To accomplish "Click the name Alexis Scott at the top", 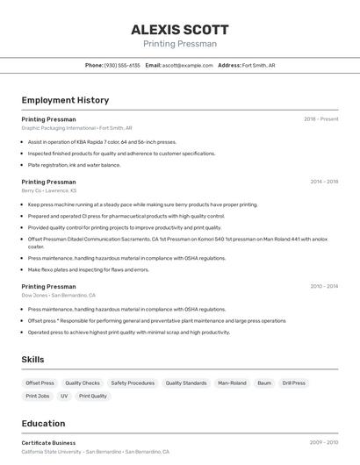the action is [180, 30].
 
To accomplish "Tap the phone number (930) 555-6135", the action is [122, 65].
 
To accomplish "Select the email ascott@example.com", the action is [187, 65].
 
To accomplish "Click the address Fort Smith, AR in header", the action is [258, 65].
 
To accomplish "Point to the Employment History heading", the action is [65, 100].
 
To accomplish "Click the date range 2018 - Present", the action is [320, 118].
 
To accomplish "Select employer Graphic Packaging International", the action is [59, 127].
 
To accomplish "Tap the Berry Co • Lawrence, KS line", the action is [48, 190].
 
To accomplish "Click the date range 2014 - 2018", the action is [324, 182].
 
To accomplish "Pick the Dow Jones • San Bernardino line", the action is [58, 296].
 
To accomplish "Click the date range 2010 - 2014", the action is [324, 286].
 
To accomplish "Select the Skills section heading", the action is [32, 360].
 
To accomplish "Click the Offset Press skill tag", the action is [40, 383].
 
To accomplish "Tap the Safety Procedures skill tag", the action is [133, 383].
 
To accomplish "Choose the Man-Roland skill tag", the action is [232, 383].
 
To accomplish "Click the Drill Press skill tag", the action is [294, 383].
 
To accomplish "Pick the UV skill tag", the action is [64, 396].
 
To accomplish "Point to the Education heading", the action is [43, 423].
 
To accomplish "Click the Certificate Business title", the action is [48, 443].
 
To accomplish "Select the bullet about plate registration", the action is [74, 165].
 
